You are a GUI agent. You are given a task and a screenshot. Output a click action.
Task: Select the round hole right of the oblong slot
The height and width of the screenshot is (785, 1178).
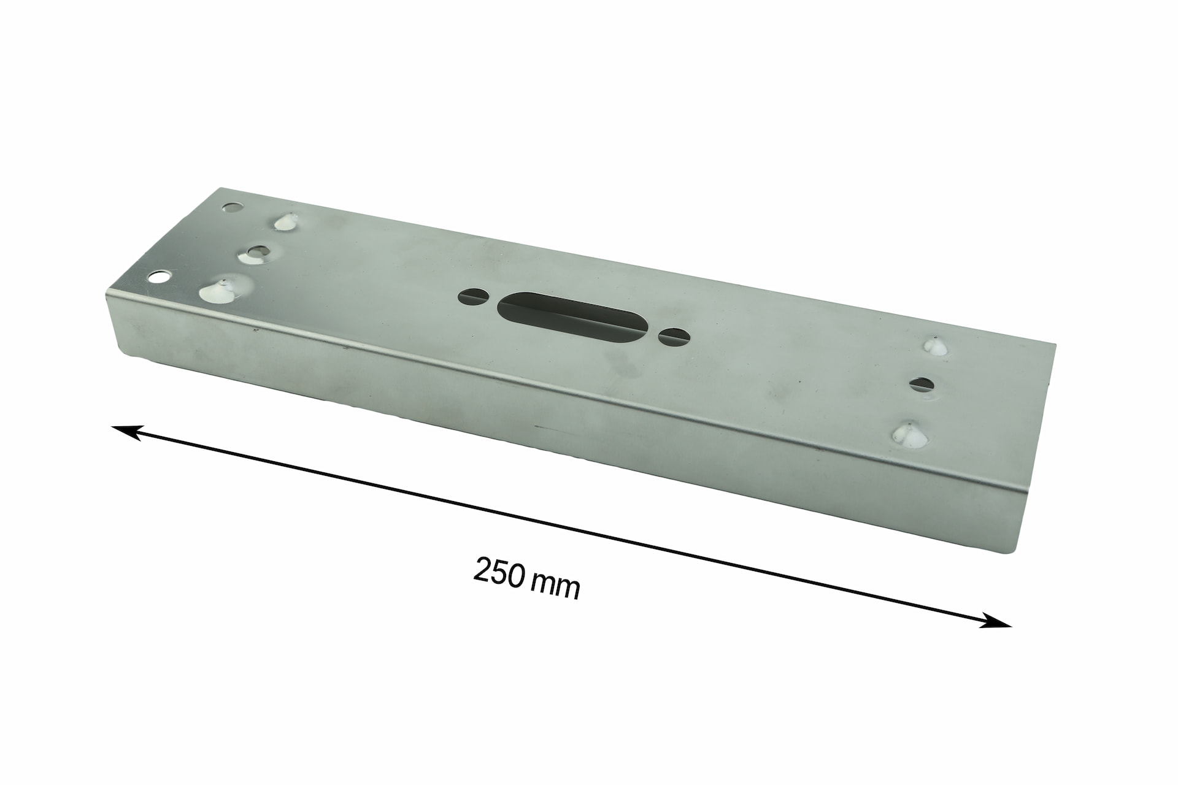[x=674, y=336]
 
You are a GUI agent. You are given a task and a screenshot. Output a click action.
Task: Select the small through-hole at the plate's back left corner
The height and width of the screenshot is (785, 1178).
[x=231, y=208]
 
